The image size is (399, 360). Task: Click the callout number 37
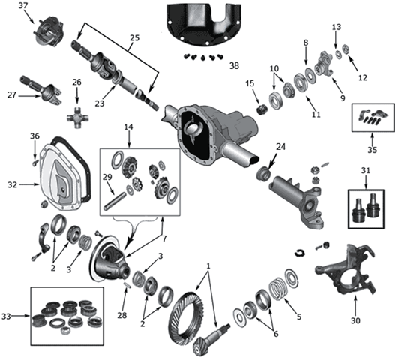[x=22, y=6]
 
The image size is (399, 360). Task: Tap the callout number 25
[x=134, y=37]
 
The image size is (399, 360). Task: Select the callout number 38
[x=237, y=65]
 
